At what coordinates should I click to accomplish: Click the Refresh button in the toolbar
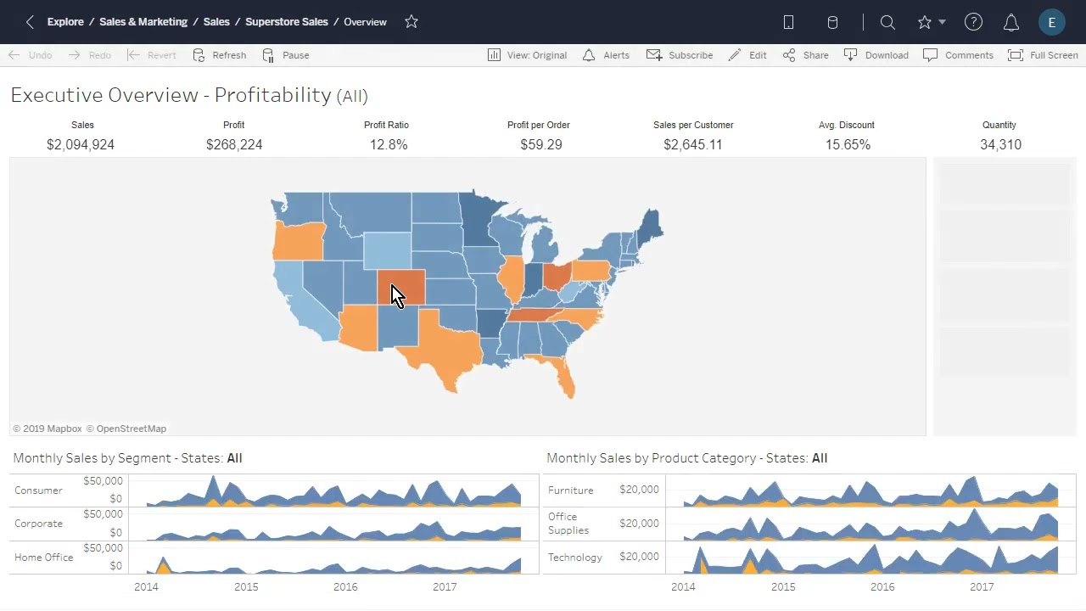[220, 55]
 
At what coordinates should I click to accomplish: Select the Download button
[876, 55]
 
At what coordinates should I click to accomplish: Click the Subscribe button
[680, 55]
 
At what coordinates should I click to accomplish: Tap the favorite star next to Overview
[411, 22]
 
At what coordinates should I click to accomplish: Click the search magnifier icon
[887, 23]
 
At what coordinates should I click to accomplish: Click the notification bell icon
[1011, 23]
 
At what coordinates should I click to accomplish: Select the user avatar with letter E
[1051, 23]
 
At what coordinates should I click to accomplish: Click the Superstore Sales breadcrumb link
[286, 22]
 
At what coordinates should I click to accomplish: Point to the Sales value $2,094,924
[81, 145]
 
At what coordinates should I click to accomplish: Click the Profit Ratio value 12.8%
[389, 145]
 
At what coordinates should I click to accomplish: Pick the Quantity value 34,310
[1000, 145]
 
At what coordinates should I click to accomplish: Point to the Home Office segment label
[44, 558]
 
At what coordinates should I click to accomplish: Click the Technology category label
[575, 558]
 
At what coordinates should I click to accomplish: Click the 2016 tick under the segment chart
[345, 586]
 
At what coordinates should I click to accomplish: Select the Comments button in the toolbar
[958, 55]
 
